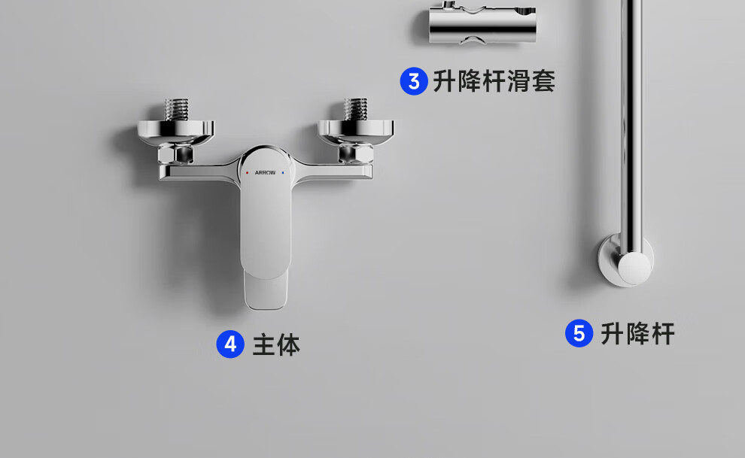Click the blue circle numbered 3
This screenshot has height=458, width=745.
[414, 81]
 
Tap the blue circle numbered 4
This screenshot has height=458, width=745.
[230, 344]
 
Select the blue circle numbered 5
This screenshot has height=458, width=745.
[579, 333]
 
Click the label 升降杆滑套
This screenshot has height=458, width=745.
[494, 81]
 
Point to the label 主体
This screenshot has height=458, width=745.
[276, 345]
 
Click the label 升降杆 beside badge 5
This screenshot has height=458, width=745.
[637, 334]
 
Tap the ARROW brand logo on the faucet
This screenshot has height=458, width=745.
[265, 173]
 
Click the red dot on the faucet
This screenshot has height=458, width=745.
[247, 173]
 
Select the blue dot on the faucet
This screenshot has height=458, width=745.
[283, 173]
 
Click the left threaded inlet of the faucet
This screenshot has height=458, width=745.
[176, 110]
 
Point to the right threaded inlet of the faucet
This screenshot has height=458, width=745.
[356, 109]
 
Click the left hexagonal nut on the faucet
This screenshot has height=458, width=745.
[175, 153]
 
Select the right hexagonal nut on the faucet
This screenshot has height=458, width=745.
[355, 153]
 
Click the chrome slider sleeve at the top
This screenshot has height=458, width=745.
[482, 23]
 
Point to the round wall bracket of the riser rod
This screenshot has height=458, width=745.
[626, 260]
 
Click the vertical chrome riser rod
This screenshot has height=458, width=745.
[631, 128]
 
